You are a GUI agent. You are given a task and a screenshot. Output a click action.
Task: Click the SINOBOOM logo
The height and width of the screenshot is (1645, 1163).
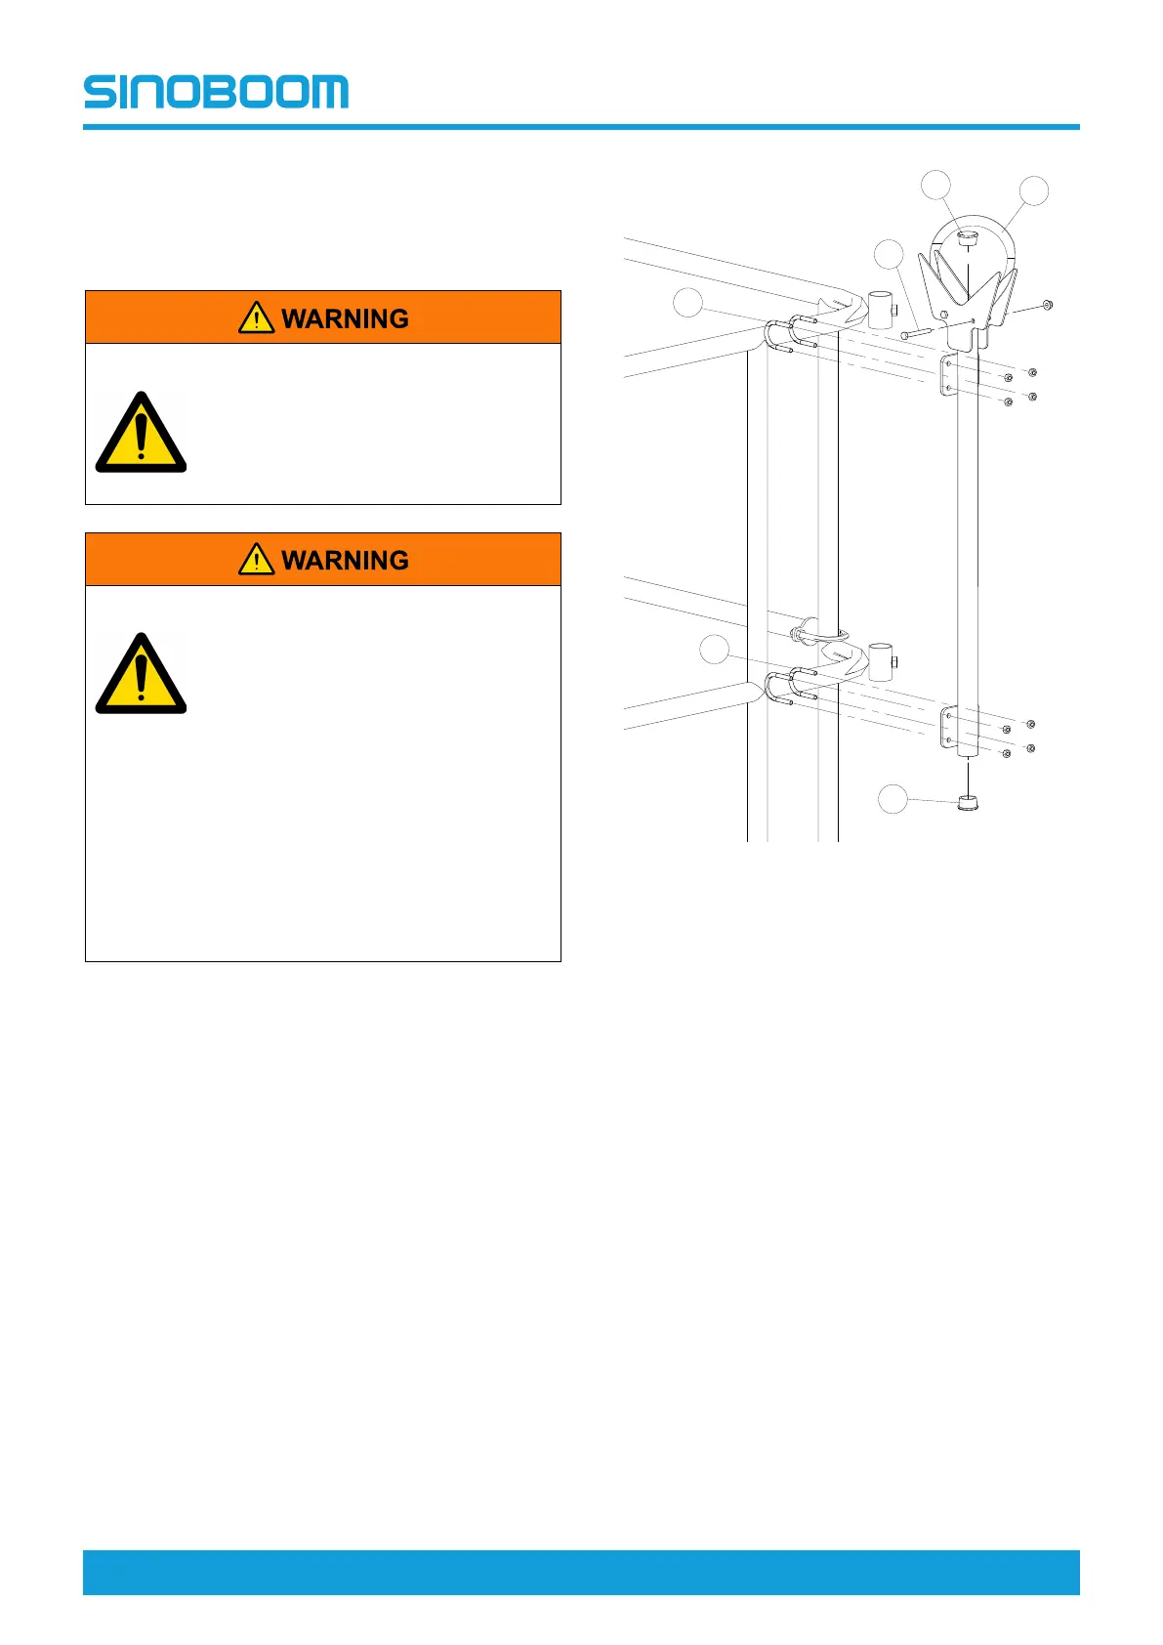tap(216, 91)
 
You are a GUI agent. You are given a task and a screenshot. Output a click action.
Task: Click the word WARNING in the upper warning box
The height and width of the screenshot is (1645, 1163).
tap(345, 318)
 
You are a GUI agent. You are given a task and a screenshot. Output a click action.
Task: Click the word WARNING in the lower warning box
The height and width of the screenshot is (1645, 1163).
tap(345, 560)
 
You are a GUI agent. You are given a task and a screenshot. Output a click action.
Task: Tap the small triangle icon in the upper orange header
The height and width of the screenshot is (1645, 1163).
tap(256, 317)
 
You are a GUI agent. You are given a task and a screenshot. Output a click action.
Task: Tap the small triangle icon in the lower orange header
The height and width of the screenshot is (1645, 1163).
tap(256, 559)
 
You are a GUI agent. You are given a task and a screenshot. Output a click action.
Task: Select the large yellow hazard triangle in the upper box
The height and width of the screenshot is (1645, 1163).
tap(141, 434)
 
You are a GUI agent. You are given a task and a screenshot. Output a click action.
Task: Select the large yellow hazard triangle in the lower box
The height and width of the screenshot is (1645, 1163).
tap(141, 674)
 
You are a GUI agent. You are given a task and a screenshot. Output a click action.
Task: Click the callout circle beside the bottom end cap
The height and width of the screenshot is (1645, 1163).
tap(892, 799)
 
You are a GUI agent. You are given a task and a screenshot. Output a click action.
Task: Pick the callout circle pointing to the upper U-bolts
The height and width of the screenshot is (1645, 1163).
tap(688, 303)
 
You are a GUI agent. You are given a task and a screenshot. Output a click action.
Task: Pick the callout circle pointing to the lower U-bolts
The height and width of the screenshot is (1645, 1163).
tap(715, 650)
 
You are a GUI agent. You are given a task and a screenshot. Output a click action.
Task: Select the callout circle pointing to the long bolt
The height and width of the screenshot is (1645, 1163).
tap(889, 254)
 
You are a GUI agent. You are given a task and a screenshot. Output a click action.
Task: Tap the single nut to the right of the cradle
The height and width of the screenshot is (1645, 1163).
tap(1046, 305)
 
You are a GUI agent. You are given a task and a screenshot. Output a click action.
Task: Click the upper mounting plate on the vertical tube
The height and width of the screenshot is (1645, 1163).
tap(946, 376)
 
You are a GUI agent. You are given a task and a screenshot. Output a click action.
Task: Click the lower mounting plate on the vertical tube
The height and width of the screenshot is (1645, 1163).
tap(946, 729)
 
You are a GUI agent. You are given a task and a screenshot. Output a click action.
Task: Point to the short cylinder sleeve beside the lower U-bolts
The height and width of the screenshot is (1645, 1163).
tap(881, 660)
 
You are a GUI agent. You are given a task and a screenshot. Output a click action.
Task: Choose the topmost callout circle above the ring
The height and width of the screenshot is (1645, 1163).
tap(936, 184)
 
